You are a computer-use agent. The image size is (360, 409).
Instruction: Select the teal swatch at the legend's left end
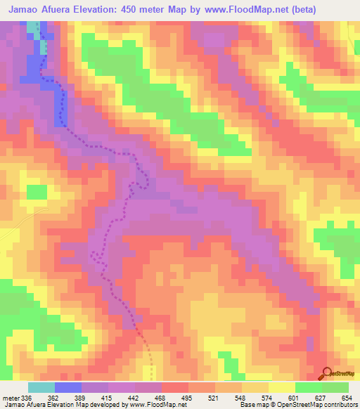(x=41, y=387)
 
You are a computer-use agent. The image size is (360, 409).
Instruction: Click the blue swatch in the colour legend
(x=68, y=387)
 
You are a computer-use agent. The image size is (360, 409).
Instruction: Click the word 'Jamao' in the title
(x=26, y=10)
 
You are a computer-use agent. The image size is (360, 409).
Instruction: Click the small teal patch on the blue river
(x=44, y=48)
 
